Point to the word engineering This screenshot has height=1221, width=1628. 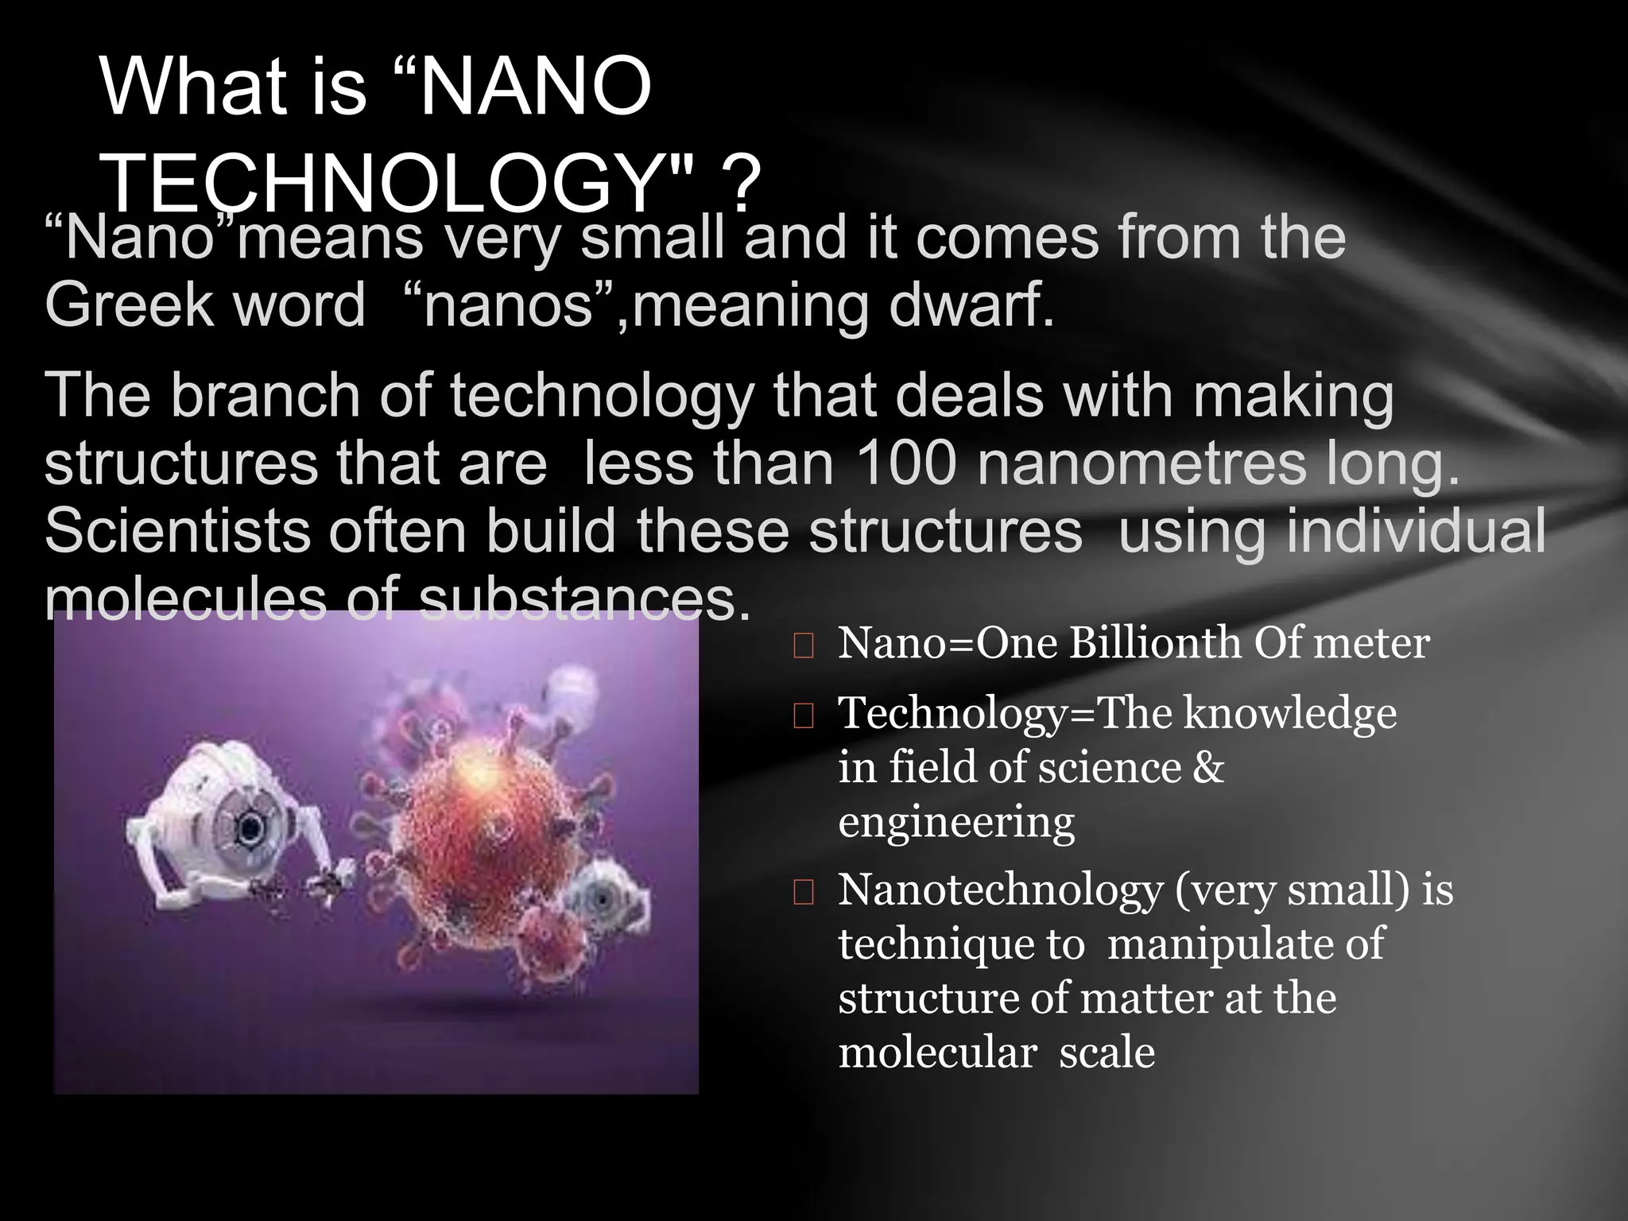(955, 821)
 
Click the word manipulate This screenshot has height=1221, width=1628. (1223, 944)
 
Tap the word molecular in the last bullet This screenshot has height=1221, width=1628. (937, 1052)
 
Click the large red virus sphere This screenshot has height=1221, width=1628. (469, 819)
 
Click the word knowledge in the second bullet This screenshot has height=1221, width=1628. (1289, 713)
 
